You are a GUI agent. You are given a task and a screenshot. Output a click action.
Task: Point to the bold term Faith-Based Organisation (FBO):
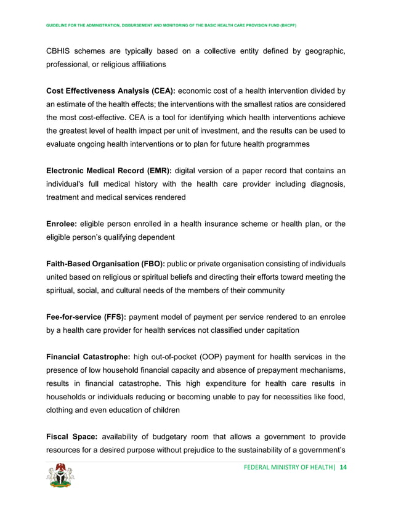coord(112,263)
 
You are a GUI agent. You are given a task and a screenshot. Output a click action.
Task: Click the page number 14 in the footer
coord(343,468)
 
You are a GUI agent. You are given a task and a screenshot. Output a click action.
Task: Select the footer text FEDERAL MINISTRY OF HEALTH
coord(288,468)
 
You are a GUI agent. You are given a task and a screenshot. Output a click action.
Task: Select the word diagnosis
coord(325,184)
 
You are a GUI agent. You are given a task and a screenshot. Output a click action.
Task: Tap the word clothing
coord(64,410)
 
